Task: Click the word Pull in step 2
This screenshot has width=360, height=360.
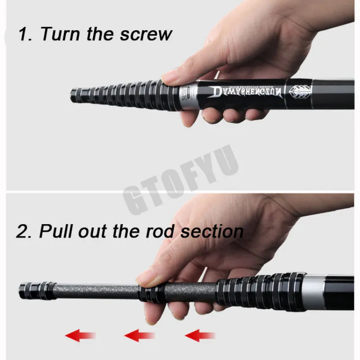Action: tap(56, 231)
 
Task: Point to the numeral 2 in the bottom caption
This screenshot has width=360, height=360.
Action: tap(22, 231)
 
